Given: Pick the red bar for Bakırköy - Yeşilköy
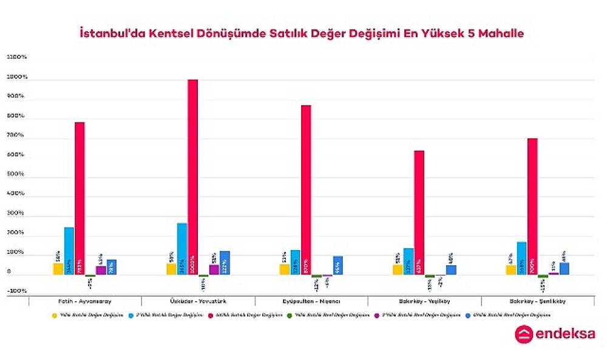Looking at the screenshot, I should tap(419, 212).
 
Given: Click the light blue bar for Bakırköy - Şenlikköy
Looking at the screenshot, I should tap(521, 259).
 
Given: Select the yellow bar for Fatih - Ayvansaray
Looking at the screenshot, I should tap(58, 269).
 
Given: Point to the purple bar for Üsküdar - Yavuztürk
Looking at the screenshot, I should tap(214, 270).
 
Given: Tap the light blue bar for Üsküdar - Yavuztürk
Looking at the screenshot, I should tap(182, 249).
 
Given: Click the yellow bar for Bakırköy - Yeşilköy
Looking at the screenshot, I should tap(397, 270).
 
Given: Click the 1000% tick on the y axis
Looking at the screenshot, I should tap(16, 77).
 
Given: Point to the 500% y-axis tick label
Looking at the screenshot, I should tap(16, 174).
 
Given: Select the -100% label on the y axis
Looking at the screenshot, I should tap(16, 291).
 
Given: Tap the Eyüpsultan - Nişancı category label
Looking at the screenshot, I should tap(312, 301).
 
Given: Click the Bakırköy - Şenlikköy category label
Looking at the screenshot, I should tap(538, 301).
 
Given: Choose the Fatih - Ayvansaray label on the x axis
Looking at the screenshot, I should tap(86, 301).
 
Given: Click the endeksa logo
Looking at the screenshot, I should tap(555, 335).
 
